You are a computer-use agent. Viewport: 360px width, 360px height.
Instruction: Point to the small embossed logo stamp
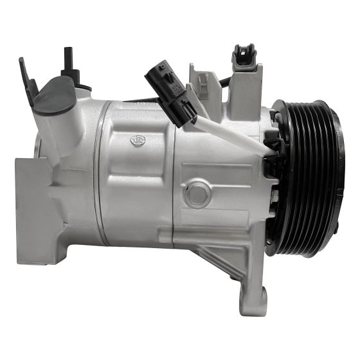pos(138,139)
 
